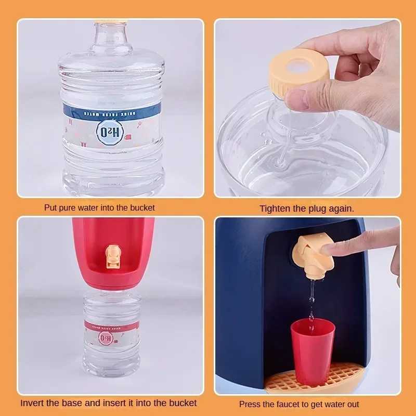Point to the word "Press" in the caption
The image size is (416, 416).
pyautogui.click(x=250, y=404)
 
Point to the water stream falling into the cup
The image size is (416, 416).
pyautogui.click(x=311, y=299)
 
